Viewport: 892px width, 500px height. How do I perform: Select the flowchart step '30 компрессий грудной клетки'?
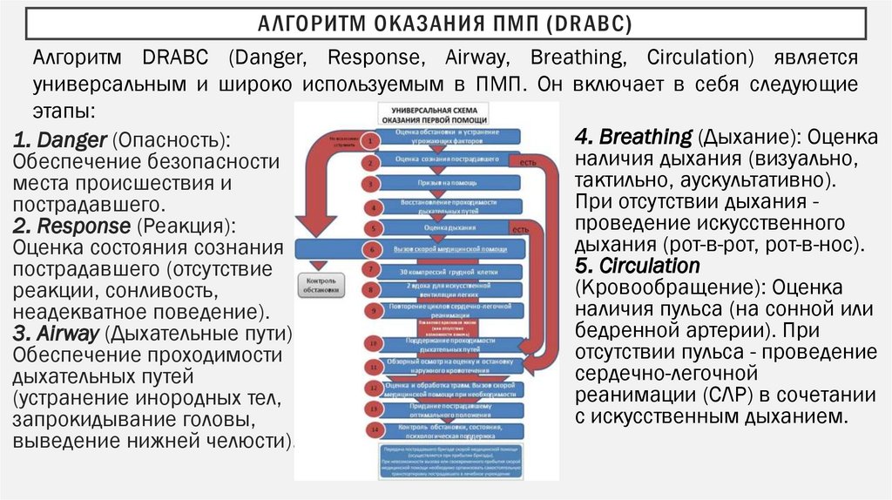click(447, 271)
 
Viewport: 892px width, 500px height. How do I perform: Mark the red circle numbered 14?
click(372, 429)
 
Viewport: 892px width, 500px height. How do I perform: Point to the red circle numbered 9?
click(372, 309)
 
